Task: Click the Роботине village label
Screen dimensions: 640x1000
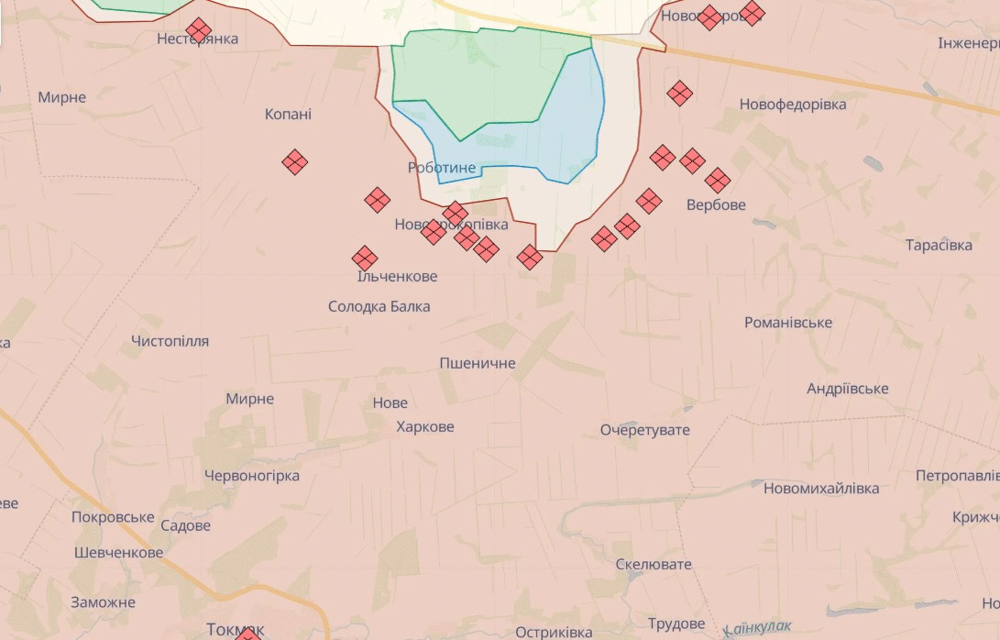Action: (442, 168)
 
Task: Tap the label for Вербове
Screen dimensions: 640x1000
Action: (716, 204)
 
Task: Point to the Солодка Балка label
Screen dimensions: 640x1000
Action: (379, 306)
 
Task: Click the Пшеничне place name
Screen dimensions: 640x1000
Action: (477, 363)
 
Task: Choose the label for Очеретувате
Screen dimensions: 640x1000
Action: (644, 430)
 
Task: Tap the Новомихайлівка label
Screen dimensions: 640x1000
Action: (820, 488)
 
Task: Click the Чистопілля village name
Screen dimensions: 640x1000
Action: (170, 341)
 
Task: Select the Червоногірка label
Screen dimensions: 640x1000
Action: (251, 476)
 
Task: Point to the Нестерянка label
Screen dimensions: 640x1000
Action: (197, 39)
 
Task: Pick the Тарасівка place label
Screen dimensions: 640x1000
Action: (939, 245)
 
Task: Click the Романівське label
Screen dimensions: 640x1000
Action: (788, 323)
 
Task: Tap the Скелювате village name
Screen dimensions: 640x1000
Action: (654, 564)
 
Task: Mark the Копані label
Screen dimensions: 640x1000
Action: (288, 115)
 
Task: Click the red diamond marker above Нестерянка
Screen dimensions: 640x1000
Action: (198, 29)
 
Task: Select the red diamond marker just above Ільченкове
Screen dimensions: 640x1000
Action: (365, 259)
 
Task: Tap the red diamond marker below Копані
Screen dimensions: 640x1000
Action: (294, 162)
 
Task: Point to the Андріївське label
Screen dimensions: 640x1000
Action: (847, 389)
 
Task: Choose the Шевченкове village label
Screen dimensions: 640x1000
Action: (118, 552)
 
